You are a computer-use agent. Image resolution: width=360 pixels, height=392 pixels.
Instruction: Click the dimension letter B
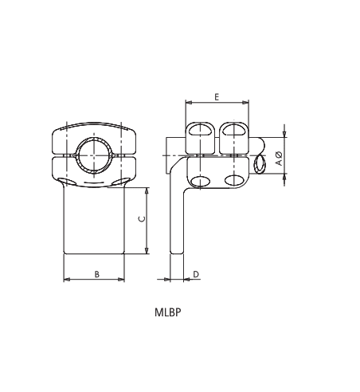[96, 273]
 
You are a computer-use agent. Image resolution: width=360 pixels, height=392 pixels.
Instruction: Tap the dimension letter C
[141, 221]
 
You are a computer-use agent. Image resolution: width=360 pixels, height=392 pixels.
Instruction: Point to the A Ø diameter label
[278, 158]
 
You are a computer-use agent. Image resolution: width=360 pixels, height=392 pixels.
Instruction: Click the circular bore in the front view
[94, 154]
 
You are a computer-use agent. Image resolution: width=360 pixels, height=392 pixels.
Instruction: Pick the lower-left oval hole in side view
[200, 182]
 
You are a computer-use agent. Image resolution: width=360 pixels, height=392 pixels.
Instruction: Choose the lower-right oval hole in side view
[233, 182]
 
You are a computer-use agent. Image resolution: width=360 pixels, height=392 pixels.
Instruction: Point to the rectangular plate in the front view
[94, 223]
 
